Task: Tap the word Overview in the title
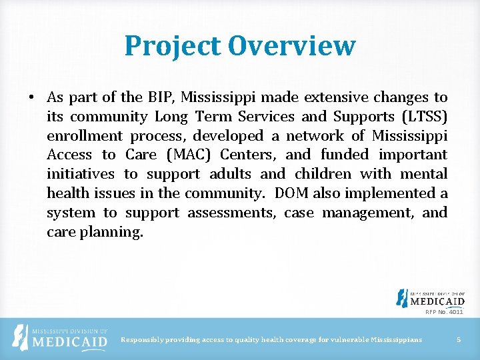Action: click(x=291, y=46)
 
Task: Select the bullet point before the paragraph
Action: click(x=32, y=98)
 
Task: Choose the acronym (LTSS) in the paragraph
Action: click(x=423, y=117)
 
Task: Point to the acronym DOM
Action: click(x=292, y=194)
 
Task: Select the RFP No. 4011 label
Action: click(x=445, y=311)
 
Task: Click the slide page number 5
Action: click(x=459, y=340)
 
